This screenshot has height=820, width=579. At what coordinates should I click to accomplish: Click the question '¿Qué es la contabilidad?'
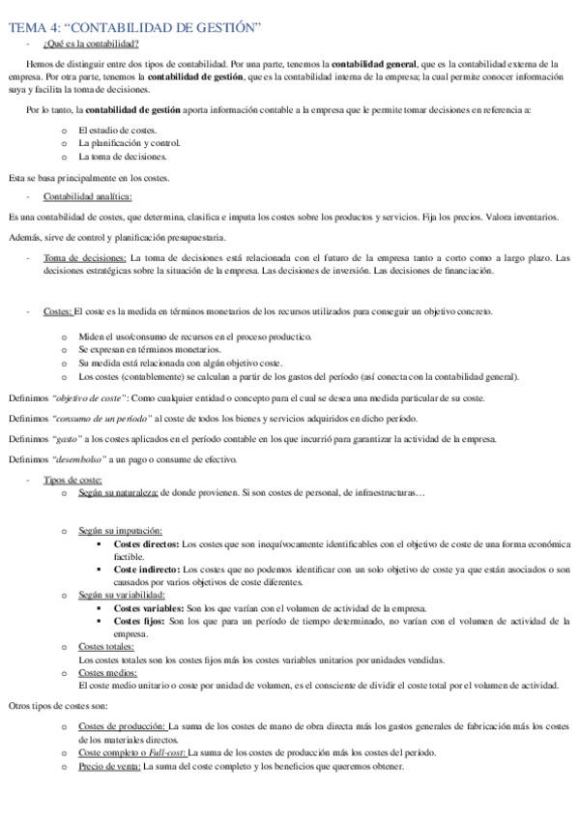pos(91,44)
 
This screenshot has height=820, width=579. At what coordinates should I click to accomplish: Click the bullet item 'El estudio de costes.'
pos(118,131)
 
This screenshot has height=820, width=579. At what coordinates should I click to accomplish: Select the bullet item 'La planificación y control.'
pos(129,143)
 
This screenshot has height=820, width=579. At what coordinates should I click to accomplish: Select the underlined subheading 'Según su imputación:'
pos(120,531)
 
